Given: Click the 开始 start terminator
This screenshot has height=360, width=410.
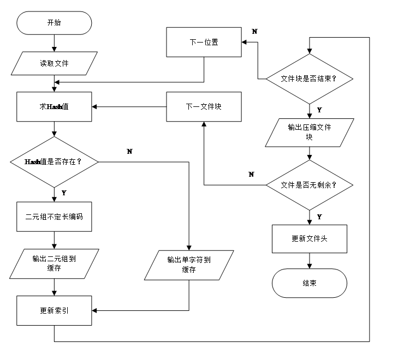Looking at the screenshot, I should pyautogui.click(x=54, y=23).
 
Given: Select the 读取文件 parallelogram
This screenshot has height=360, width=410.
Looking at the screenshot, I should pyautogui.click(x=54, y=63).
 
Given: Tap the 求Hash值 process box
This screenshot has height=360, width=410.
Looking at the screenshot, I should pyautogui.click(x=54, y=106).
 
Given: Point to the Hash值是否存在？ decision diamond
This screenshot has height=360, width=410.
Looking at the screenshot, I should pyautogui.click(x=54, y=162).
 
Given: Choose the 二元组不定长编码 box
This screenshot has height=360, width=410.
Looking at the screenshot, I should pyautogui.click(x=54, y=217).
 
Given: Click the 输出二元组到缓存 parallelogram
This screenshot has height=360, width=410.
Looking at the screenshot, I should pyautogui.click(x=54, y=263).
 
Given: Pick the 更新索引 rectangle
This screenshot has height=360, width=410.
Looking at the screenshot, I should pyautogui.click(x=54, y=311).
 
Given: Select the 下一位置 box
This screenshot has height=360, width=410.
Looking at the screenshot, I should pyautogui.click(x=204, y=42).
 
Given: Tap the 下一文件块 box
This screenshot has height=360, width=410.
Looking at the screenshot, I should pyautogui.click(x=204, y=106).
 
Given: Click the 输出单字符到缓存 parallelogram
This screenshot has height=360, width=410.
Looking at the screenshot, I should pyautogui.click(x=189, y=265).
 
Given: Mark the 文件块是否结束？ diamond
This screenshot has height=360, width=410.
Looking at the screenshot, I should pyautogui.click(x=309, y=79).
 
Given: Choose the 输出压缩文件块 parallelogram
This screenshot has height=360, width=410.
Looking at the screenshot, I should pyautogui.click(x=310, y=133).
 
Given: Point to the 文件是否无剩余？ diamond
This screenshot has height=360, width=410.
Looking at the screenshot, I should pyautogui.click(x=309, y=185).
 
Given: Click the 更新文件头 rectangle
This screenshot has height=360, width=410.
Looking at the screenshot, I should pyautogui.click(x=310, y=239).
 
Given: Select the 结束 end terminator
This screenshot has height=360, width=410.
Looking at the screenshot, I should pyautogui.click(x=310, y=283).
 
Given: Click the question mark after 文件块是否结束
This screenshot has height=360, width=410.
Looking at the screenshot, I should pyautogui.click(x=334, y=79).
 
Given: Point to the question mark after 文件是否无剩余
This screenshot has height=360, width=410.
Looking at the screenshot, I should pyautogui.click(x=334, y=185).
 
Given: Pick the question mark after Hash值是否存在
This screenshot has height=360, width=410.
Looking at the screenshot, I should pyautogui.click(x=79, y=162).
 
